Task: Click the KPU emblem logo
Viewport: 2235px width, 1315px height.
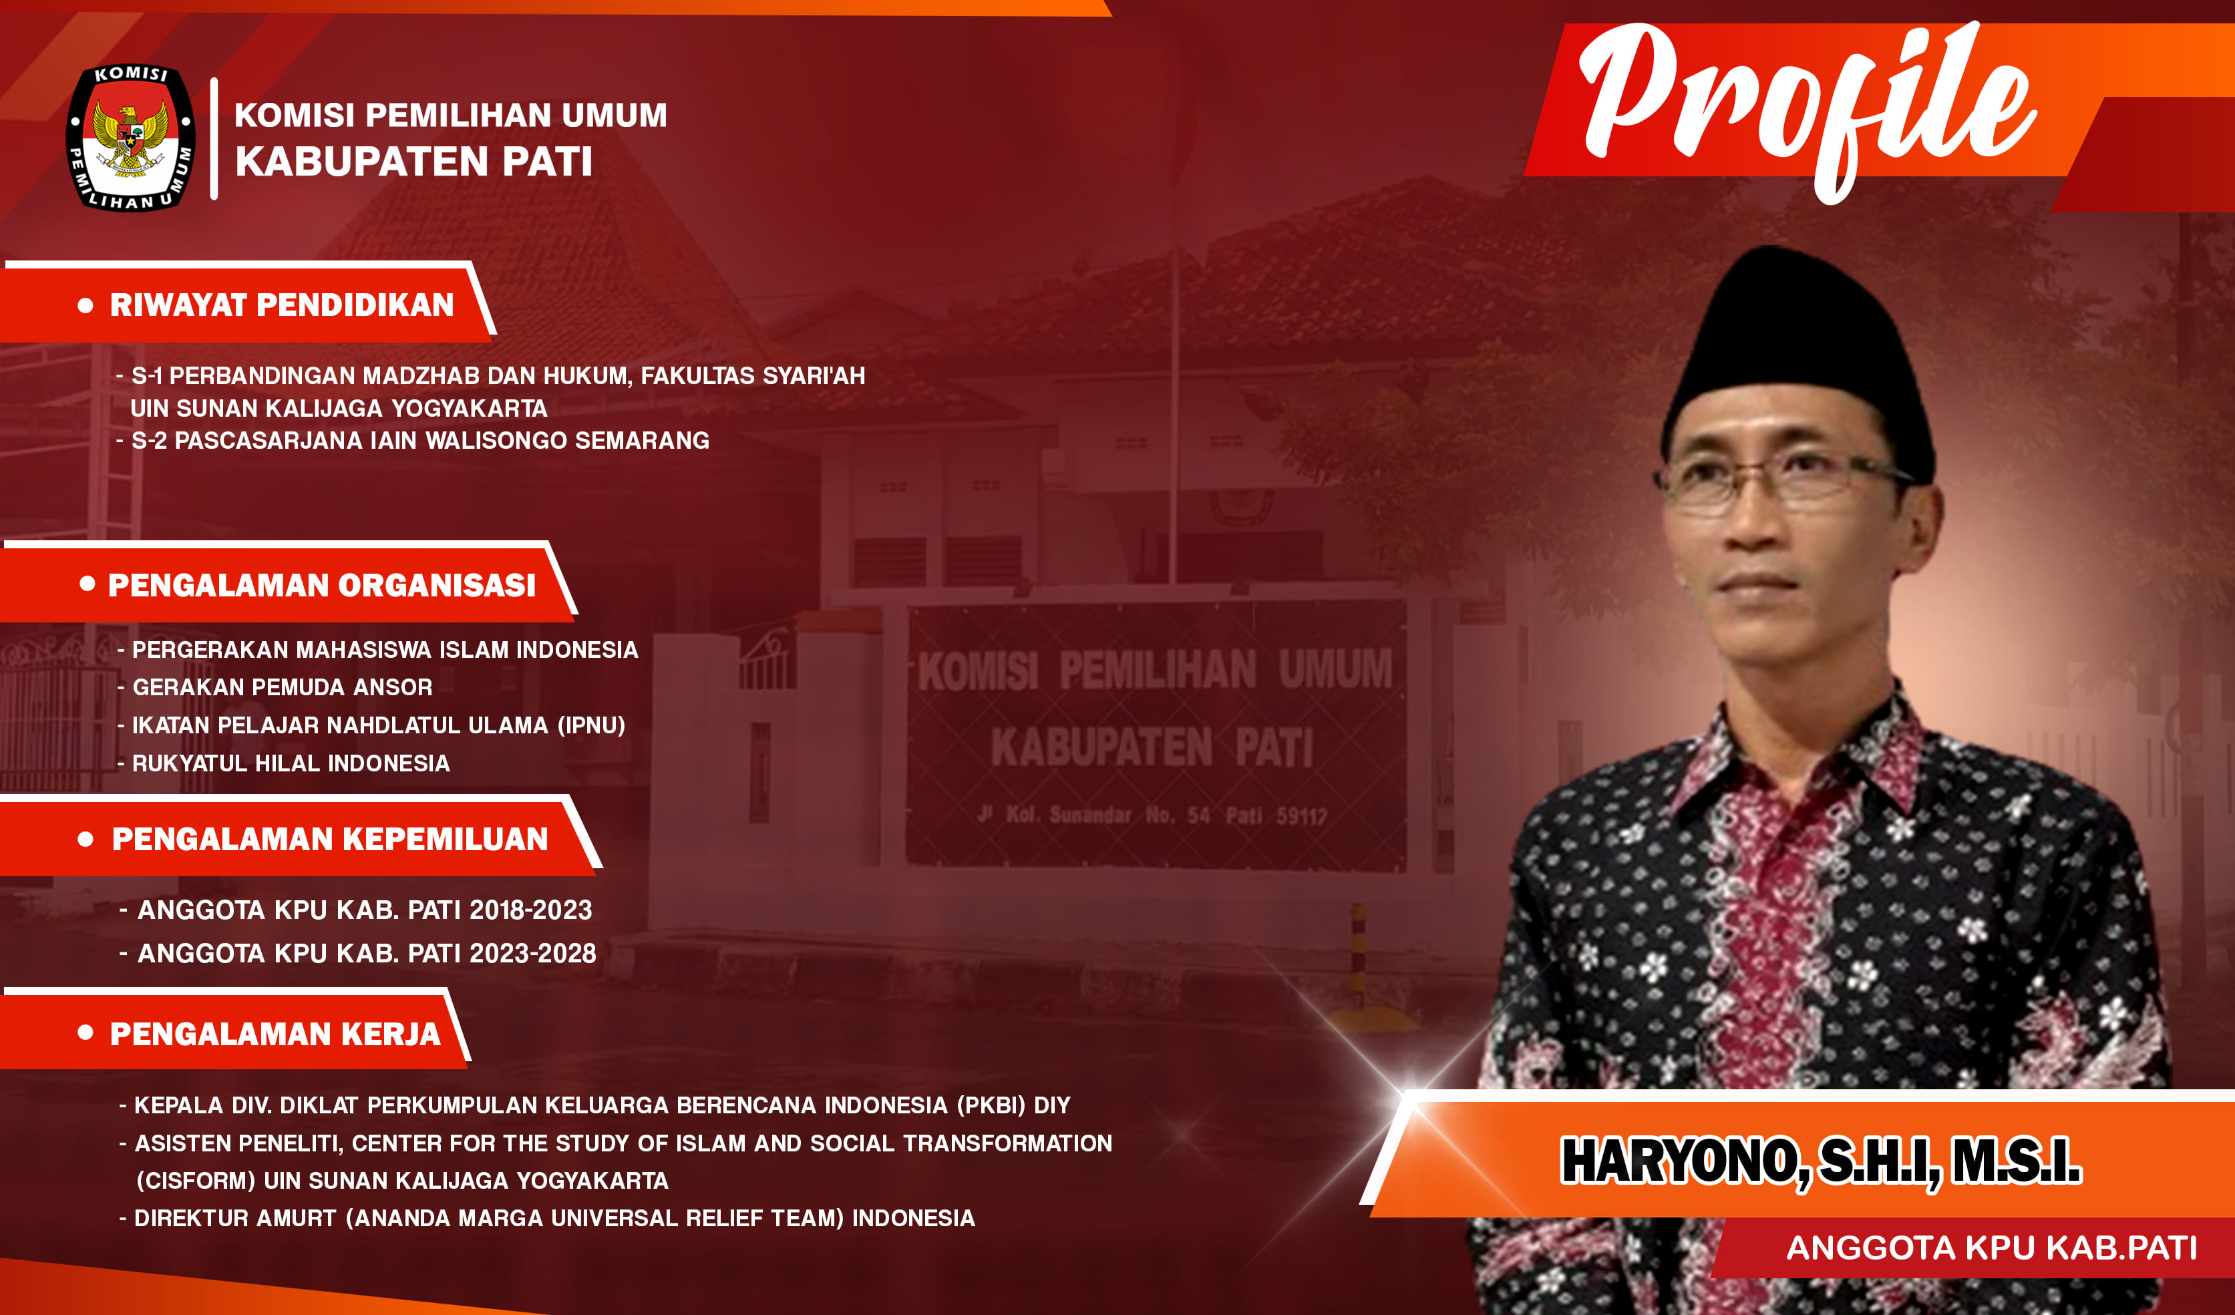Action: click(132, 138)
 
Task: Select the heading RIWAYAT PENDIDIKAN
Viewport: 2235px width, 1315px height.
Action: click(282, 305)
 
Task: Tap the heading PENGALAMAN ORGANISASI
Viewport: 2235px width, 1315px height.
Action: click(322, 585)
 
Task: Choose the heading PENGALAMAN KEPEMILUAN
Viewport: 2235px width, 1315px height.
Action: click(330, 839)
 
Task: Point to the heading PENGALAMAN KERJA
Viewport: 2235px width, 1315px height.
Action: click(275, 1034)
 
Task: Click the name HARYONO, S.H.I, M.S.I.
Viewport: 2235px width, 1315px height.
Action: click(1821, 1161)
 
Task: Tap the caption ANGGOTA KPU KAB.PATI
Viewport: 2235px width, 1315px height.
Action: click(1992, 1248)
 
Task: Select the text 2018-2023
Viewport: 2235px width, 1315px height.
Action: click(530, 910)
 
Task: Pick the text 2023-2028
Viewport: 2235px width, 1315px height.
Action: click(532, 953)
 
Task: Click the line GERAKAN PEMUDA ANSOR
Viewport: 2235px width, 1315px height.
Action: click(282, 687)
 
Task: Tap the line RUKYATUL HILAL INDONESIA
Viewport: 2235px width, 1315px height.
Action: click(291, 763)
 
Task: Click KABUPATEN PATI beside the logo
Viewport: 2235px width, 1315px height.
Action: click(413, 162)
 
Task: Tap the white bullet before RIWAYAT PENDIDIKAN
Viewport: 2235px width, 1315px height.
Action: click(86, 306)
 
